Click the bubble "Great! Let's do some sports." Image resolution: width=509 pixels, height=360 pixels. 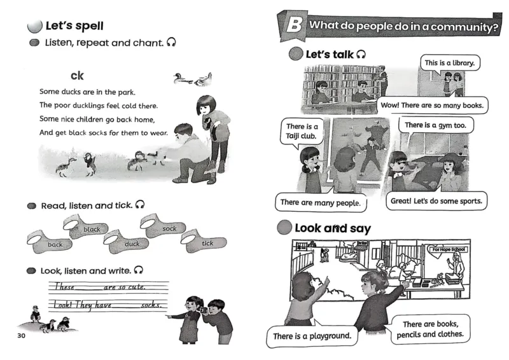pos(436,202)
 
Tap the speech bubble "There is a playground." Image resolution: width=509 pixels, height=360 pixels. pos(312,335)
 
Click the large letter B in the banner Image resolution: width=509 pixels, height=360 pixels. pos(293,27)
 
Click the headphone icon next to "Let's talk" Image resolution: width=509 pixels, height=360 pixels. pos(361,55)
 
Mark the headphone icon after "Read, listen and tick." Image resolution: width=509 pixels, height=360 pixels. pos(140,205)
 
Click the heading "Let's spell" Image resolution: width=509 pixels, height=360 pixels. pos(74,26)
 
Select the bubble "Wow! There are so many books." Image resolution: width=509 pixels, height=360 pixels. pos(432,104)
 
